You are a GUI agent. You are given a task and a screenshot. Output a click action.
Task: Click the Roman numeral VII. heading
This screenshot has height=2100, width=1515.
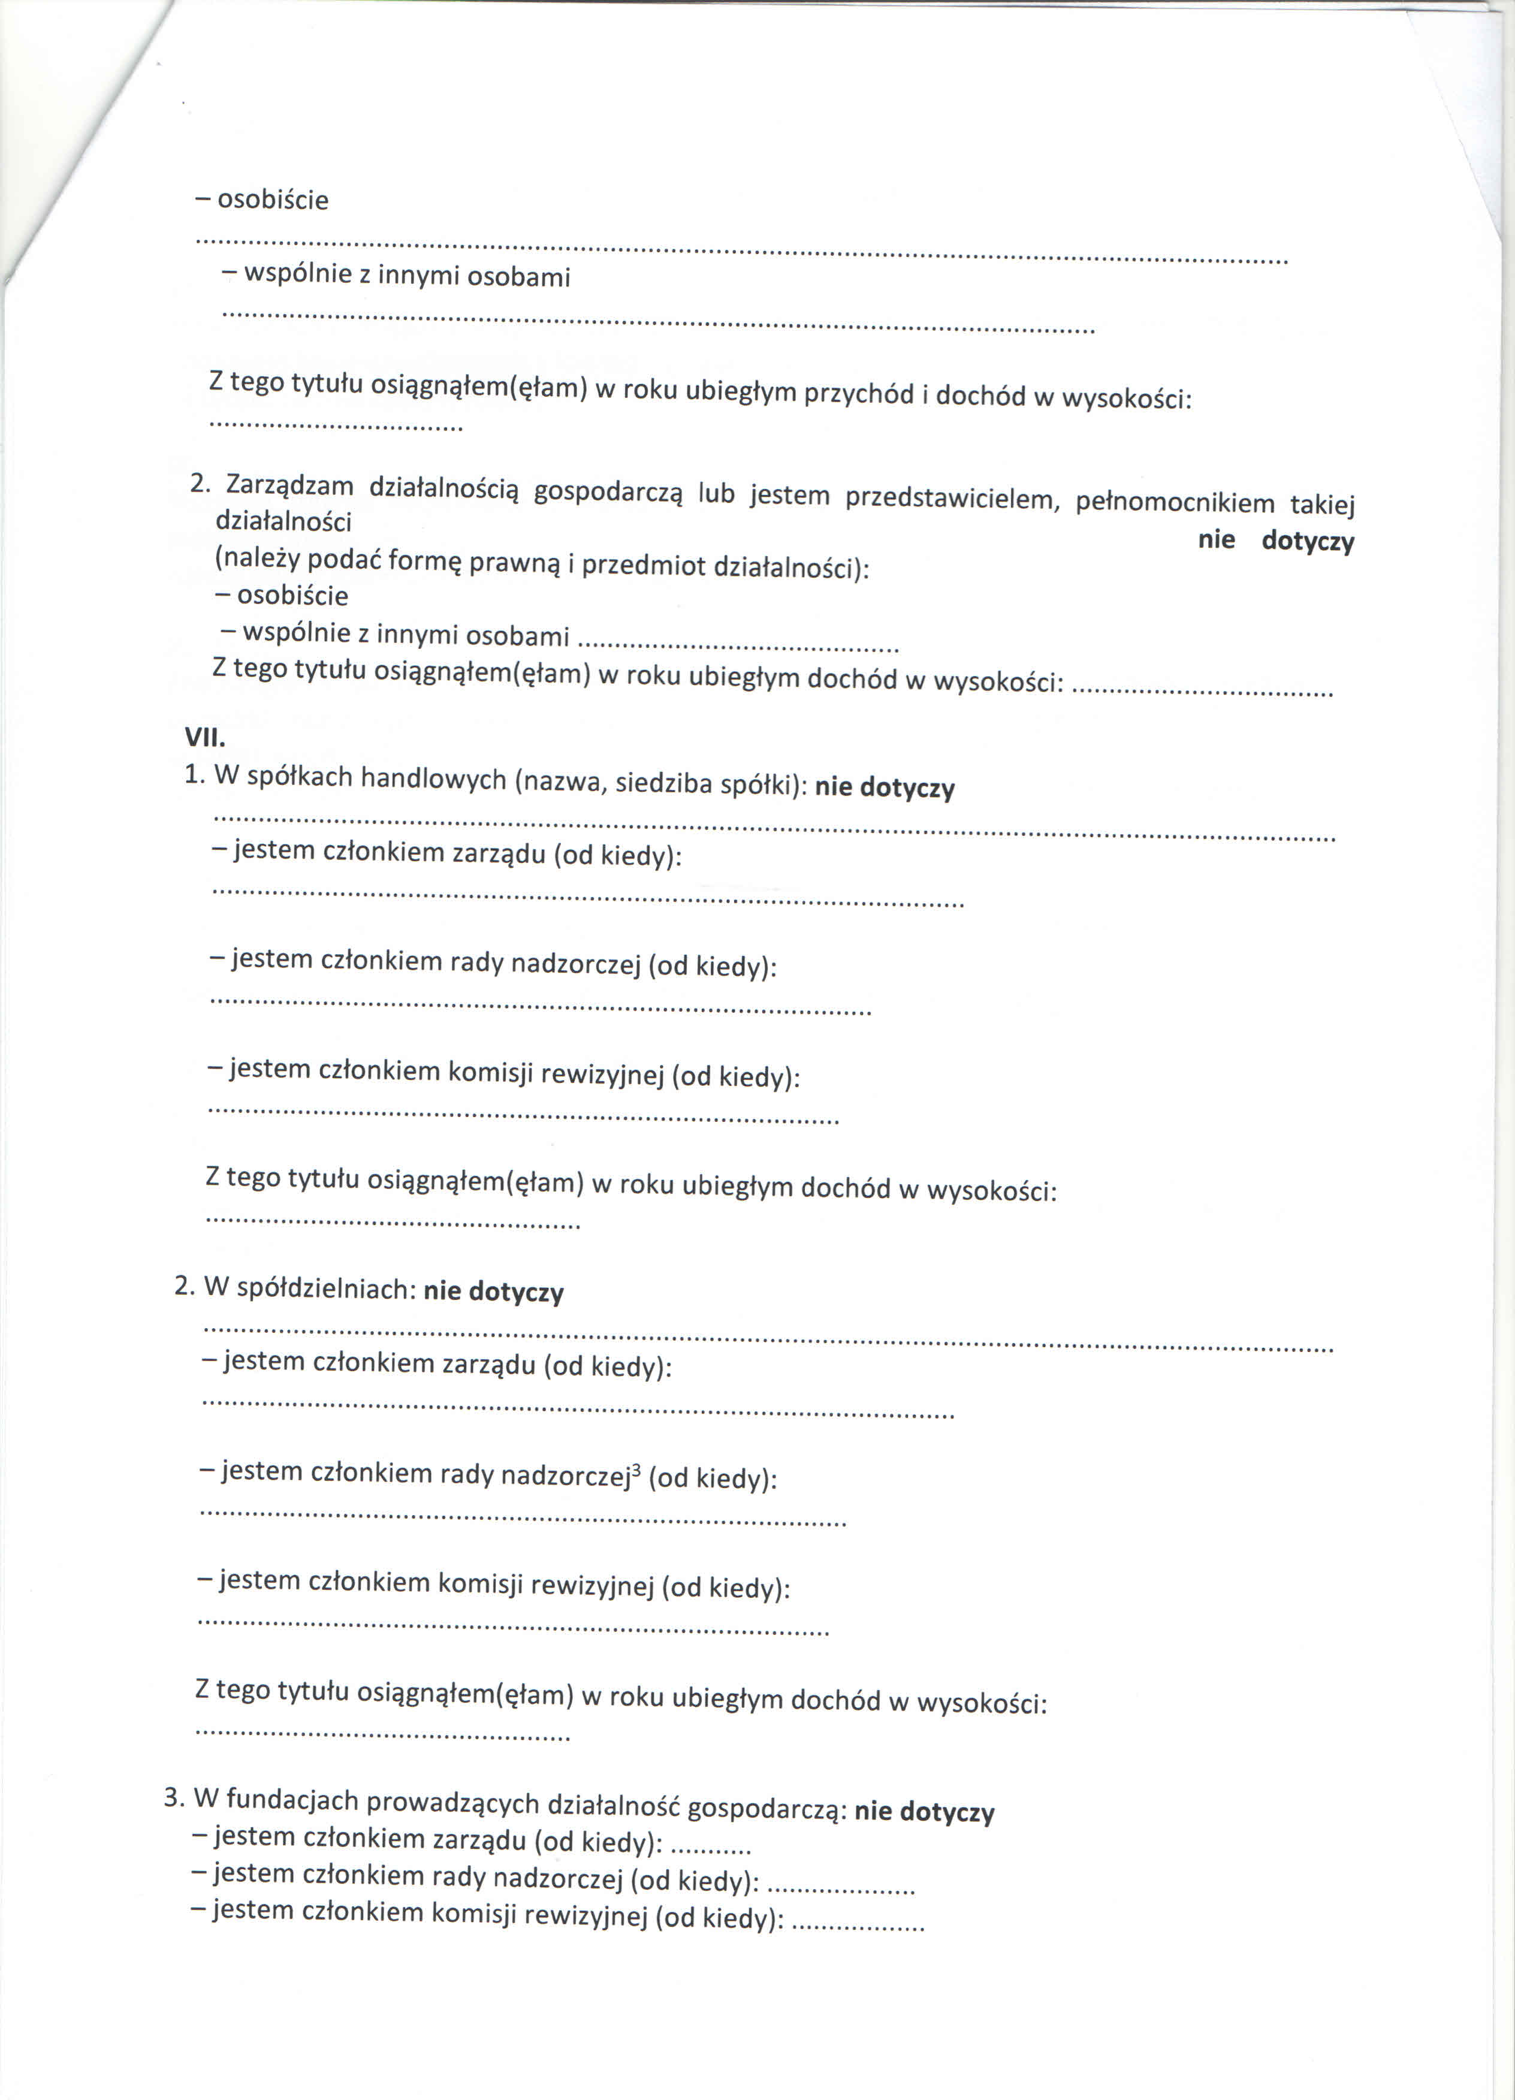click(204, 738)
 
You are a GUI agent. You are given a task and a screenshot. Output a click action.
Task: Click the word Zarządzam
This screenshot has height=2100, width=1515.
click(290, 485)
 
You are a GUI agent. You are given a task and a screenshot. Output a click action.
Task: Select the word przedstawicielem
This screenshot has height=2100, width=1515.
click(952, 499)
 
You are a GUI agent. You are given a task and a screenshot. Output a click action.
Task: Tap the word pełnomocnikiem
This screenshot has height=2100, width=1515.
click(1175, 503)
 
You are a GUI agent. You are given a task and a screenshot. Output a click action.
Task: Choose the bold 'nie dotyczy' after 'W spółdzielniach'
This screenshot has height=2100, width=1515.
click(494, 1292)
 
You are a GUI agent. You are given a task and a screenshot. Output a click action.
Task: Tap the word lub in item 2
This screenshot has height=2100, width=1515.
click(716, 493)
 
